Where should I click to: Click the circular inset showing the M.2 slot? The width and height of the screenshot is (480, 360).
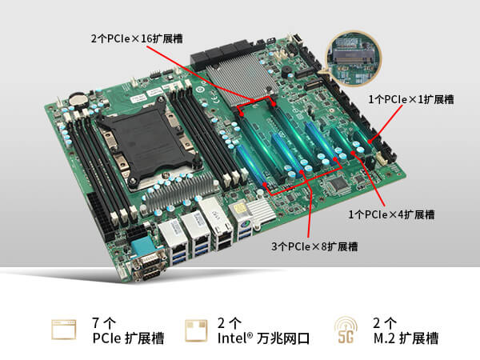coord(354,56)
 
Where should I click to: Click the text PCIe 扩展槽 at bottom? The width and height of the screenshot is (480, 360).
coord(128,338)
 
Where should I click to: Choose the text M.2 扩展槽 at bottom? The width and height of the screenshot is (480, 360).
coord(406,338)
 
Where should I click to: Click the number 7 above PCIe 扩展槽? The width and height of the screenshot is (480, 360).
coord(97,323)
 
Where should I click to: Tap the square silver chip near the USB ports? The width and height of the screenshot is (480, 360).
coord(242,210)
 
